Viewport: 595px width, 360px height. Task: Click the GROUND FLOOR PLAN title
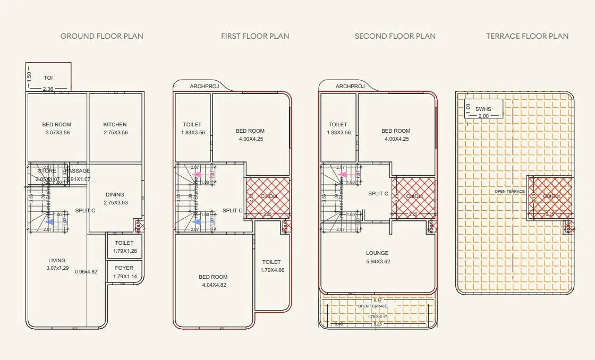101,36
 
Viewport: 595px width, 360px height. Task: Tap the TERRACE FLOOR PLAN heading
527,36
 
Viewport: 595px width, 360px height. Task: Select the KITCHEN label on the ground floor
115,125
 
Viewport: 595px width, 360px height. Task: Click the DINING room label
115,195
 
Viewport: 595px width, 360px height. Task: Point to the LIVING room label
57,261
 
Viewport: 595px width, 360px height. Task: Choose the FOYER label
125,268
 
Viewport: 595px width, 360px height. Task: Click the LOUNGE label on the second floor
377,253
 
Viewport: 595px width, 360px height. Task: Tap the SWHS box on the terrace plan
483,109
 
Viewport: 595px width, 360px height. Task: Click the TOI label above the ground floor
48,78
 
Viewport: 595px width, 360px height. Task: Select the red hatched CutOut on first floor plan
268,198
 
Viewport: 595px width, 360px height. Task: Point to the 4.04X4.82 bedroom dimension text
213,285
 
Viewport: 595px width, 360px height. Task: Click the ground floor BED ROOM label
57,125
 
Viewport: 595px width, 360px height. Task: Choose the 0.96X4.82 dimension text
86,271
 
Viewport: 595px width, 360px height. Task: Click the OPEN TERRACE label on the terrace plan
509,191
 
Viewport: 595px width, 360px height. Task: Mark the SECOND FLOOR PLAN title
395,36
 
